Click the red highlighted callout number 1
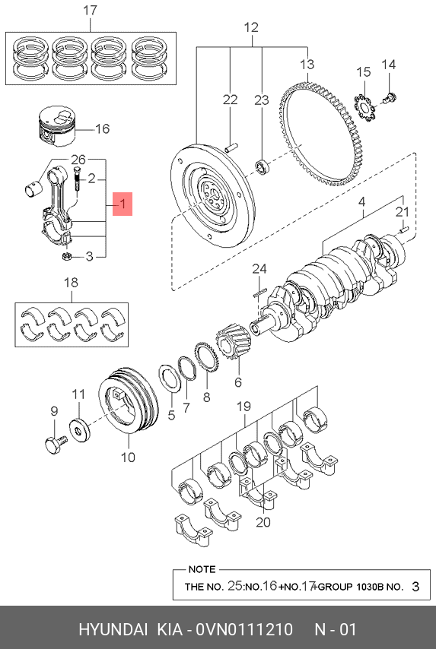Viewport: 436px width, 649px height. coord(123,204)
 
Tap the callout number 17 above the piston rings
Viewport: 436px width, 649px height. coord(90,11)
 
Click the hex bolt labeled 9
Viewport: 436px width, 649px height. coord(56,444)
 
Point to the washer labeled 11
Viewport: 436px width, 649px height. coord(79,429)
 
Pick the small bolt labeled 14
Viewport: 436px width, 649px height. coord(390,98)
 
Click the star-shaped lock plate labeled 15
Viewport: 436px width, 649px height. coord(364,108)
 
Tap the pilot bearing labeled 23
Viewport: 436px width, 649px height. coord(263,166)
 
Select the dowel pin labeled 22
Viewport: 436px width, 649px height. coord(231,147)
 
